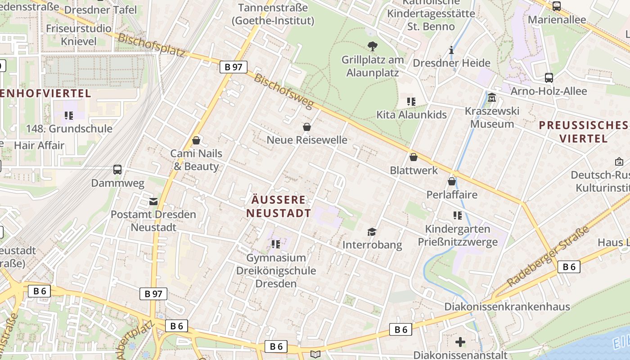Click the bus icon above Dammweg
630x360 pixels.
pyautogui.click(x=117, y=170)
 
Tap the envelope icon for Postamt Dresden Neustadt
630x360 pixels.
pyautogui.click(x=153, y=201)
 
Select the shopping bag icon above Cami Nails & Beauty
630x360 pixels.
pyautogui.click(x=196, y=140)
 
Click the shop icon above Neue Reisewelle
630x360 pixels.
pyautogui.click(x=307, y=127)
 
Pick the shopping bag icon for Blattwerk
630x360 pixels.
pyautogui.click(x=414, y=157)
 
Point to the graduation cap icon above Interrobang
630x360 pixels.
pyautogui.click(x=372, y=232)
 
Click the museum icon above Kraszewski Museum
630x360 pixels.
pyautogui.click(x=492, y=97)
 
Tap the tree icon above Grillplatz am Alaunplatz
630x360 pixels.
pyautogui.click(x=372, y=45)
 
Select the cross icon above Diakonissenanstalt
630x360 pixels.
pyautogui.click(x=460, y=342)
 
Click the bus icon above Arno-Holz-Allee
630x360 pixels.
pyautogui.click(x=549, y=77)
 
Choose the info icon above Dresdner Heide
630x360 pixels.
pyautogui.click(x=451, y=50)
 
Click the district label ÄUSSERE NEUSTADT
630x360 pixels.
pyautogui.click(x=279, y=207)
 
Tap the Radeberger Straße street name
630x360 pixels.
pyautogui.click(x=548, y=257)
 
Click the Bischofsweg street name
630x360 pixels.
pyautogui.click(x=283, y=91)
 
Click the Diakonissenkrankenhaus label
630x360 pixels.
pyautogui.click(x=507, y=307)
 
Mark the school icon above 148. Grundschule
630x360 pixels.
pyautogui.click(x=68, y=116)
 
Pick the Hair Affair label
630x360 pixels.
pyautogui.click(x=39, y=145)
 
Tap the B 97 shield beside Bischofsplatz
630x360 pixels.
pyautogui.click(x=234, y=67)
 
